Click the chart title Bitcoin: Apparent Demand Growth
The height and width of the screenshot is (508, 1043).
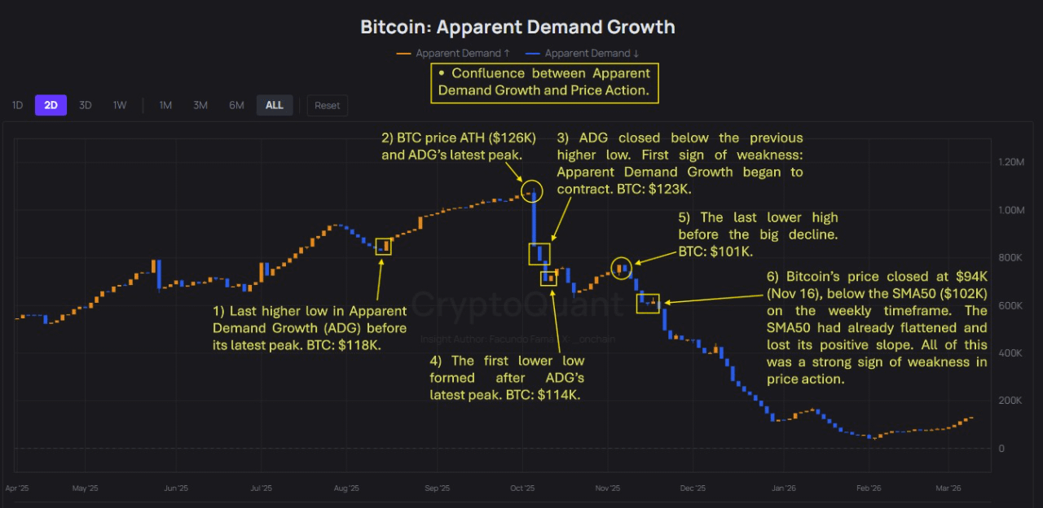click(x=517, y=27)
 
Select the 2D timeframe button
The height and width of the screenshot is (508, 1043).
click(x=51, y=105)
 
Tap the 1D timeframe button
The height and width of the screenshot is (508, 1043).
click(x=17, y=105)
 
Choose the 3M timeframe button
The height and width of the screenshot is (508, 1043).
click(x=200, y=105)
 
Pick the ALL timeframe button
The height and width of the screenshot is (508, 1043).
click(x=275, y=105)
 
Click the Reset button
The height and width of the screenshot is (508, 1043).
click(x=328, y=105)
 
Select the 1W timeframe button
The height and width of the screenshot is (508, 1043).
click(x=120, y=105)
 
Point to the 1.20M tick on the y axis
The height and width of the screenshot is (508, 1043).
click(x=1010, y=163)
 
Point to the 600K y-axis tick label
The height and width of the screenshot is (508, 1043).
click(x=1010, y=306)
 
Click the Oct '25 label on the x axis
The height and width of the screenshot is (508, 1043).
click(x=522, y=488)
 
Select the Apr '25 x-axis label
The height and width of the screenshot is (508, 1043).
click(x=18, y=488)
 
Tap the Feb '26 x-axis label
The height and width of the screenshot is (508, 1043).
click(x=869, y=488)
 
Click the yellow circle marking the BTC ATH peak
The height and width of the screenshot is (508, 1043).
click(x=531, y=192)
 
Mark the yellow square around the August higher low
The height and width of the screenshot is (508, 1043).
click(x=384, y=247)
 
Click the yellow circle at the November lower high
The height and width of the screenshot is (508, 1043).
click(x=622, y=267)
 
